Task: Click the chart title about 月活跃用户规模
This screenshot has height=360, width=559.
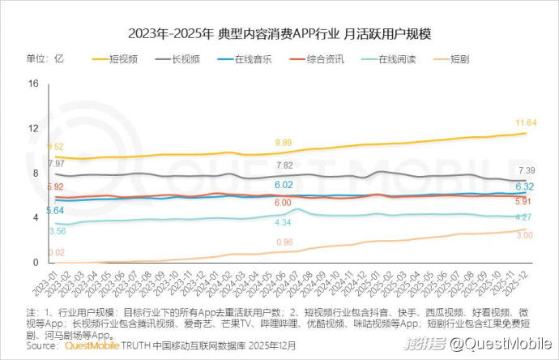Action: pos(279,34)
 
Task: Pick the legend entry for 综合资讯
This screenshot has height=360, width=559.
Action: pos(322,59)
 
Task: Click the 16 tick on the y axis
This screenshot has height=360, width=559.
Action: pos(33,84)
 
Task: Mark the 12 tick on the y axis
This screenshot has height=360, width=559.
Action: pos(33,128)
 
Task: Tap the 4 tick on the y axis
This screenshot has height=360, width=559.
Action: pos(36,218)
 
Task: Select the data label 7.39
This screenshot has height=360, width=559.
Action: pos(527,170)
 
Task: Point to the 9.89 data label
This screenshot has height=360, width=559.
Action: pos(284,143)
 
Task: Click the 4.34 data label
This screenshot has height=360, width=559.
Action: pos(283,222)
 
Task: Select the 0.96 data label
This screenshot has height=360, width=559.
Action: pos(284,242)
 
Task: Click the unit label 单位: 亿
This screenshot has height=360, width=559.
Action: pos(45,59)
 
